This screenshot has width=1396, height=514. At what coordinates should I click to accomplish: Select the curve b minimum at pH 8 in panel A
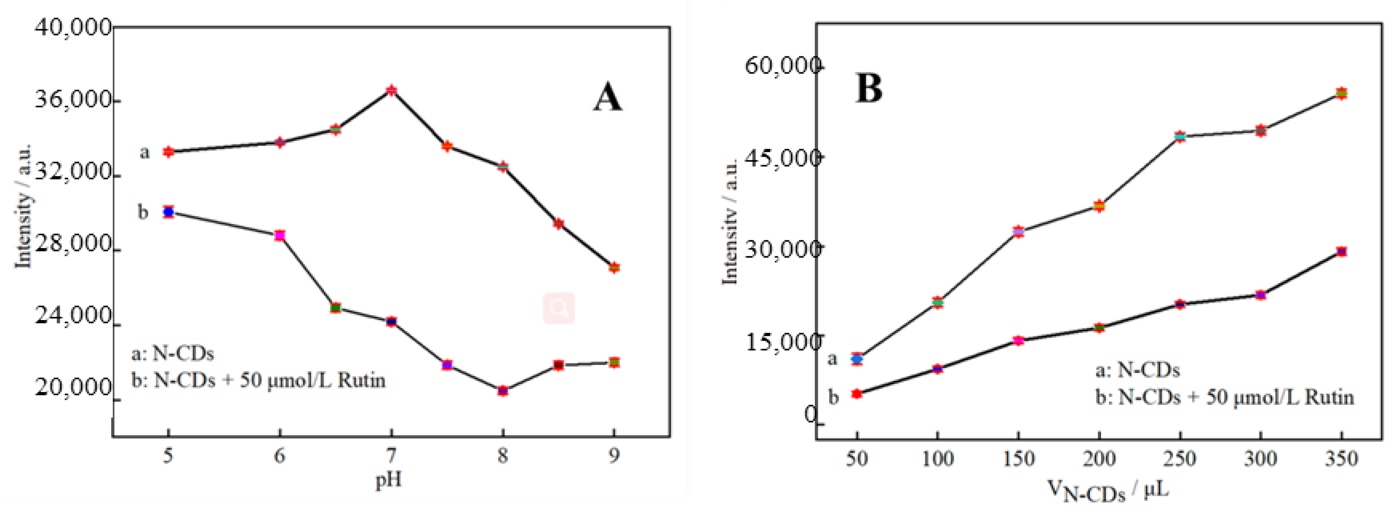tap(503, 390)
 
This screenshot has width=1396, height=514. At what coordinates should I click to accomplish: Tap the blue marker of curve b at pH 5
tap(169, 212)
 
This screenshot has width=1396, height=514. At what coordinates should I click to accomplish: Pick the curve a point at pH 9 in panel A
tap(614, 267)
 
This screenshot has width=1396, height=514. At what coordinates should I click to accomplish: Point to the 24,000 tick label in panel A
tap(73, 316)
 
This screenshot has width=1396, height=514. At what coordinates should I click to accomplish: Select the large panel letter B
tap(869, 88)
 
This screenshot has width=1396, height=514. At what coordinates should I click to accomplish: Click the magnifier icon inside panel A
tap(559, 309)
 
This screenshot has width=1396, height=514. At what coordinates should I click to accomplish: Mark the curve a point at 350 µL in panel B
tap(1341, 93)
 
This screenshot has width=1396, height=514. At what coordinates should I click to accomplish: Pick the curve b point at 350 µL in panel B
tap(1341, 251)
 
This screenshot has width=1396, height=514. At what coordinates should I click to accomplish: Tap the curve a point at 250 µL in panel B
tap(1180, 136)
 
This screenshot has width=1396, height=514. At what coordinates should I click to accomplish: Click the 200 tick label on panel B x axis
tap(1099, 459)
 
